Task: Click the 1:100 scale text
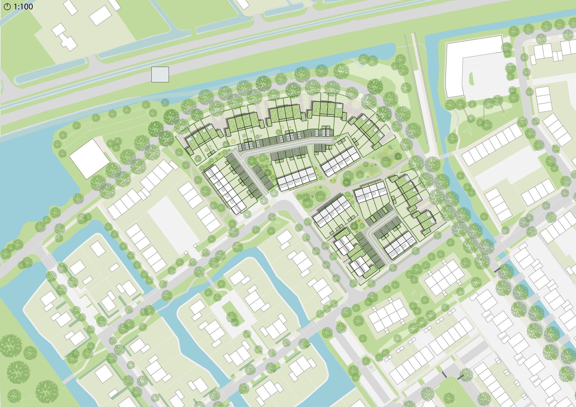[x=23, y=6]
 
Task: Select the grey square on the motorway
[x=160, y=74]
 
